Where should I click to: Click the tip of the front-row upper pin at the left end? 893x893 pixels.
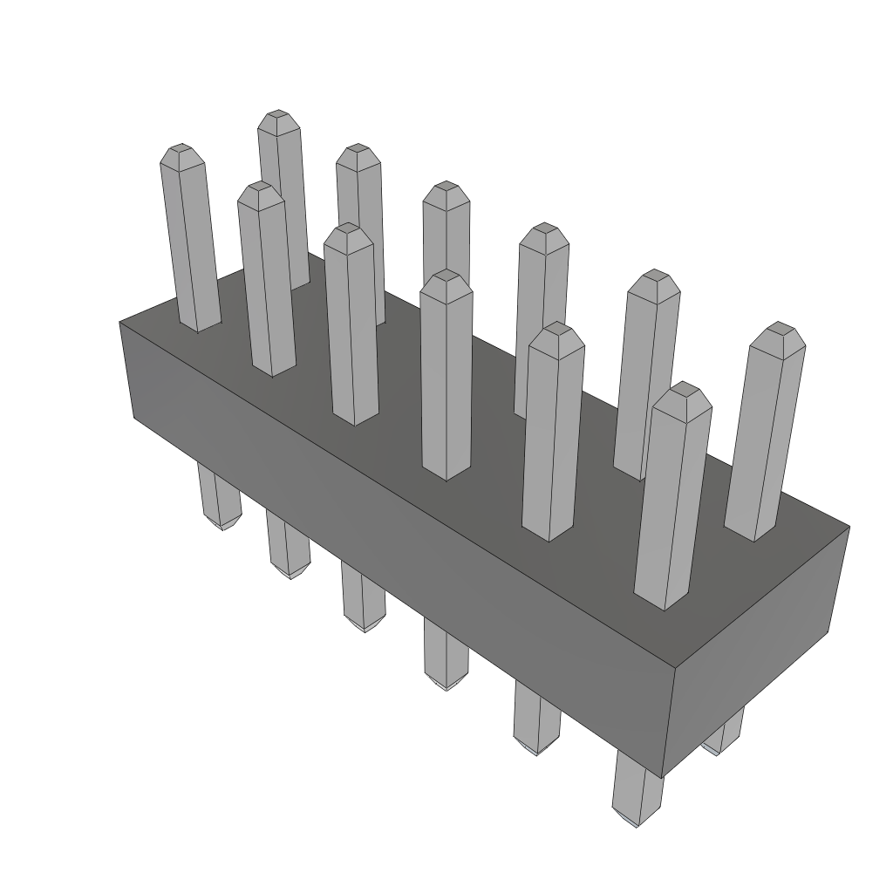pyautogui.click(x=181, y=150)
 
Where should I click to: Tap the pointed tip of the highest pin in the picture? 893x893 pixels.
pyautogui.click(x=278, y=116)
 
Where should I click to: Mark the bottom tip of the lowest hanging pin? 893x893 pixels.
pyautogui.click(x=636, y=824)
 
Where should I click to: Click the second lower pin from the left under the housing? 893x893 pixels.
pyautogui.click(x=288, y=545)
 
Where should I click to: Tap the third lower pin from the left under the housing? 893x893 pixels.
pyautogui.click(x=363, y=598)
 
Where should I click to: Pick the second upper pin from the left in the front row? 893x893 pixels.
pyautogui.click(x=265, y=279)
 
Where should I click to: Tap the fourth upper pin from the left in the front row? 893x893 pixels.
pyautogui.click(x=446, y=375)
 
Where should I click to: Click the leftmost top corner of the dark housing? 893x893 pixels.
pyautogui.click(x=119, y=323)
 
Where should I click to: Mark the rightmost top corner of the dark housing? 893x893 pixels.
pyautogui.click(x=849, y=527)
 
